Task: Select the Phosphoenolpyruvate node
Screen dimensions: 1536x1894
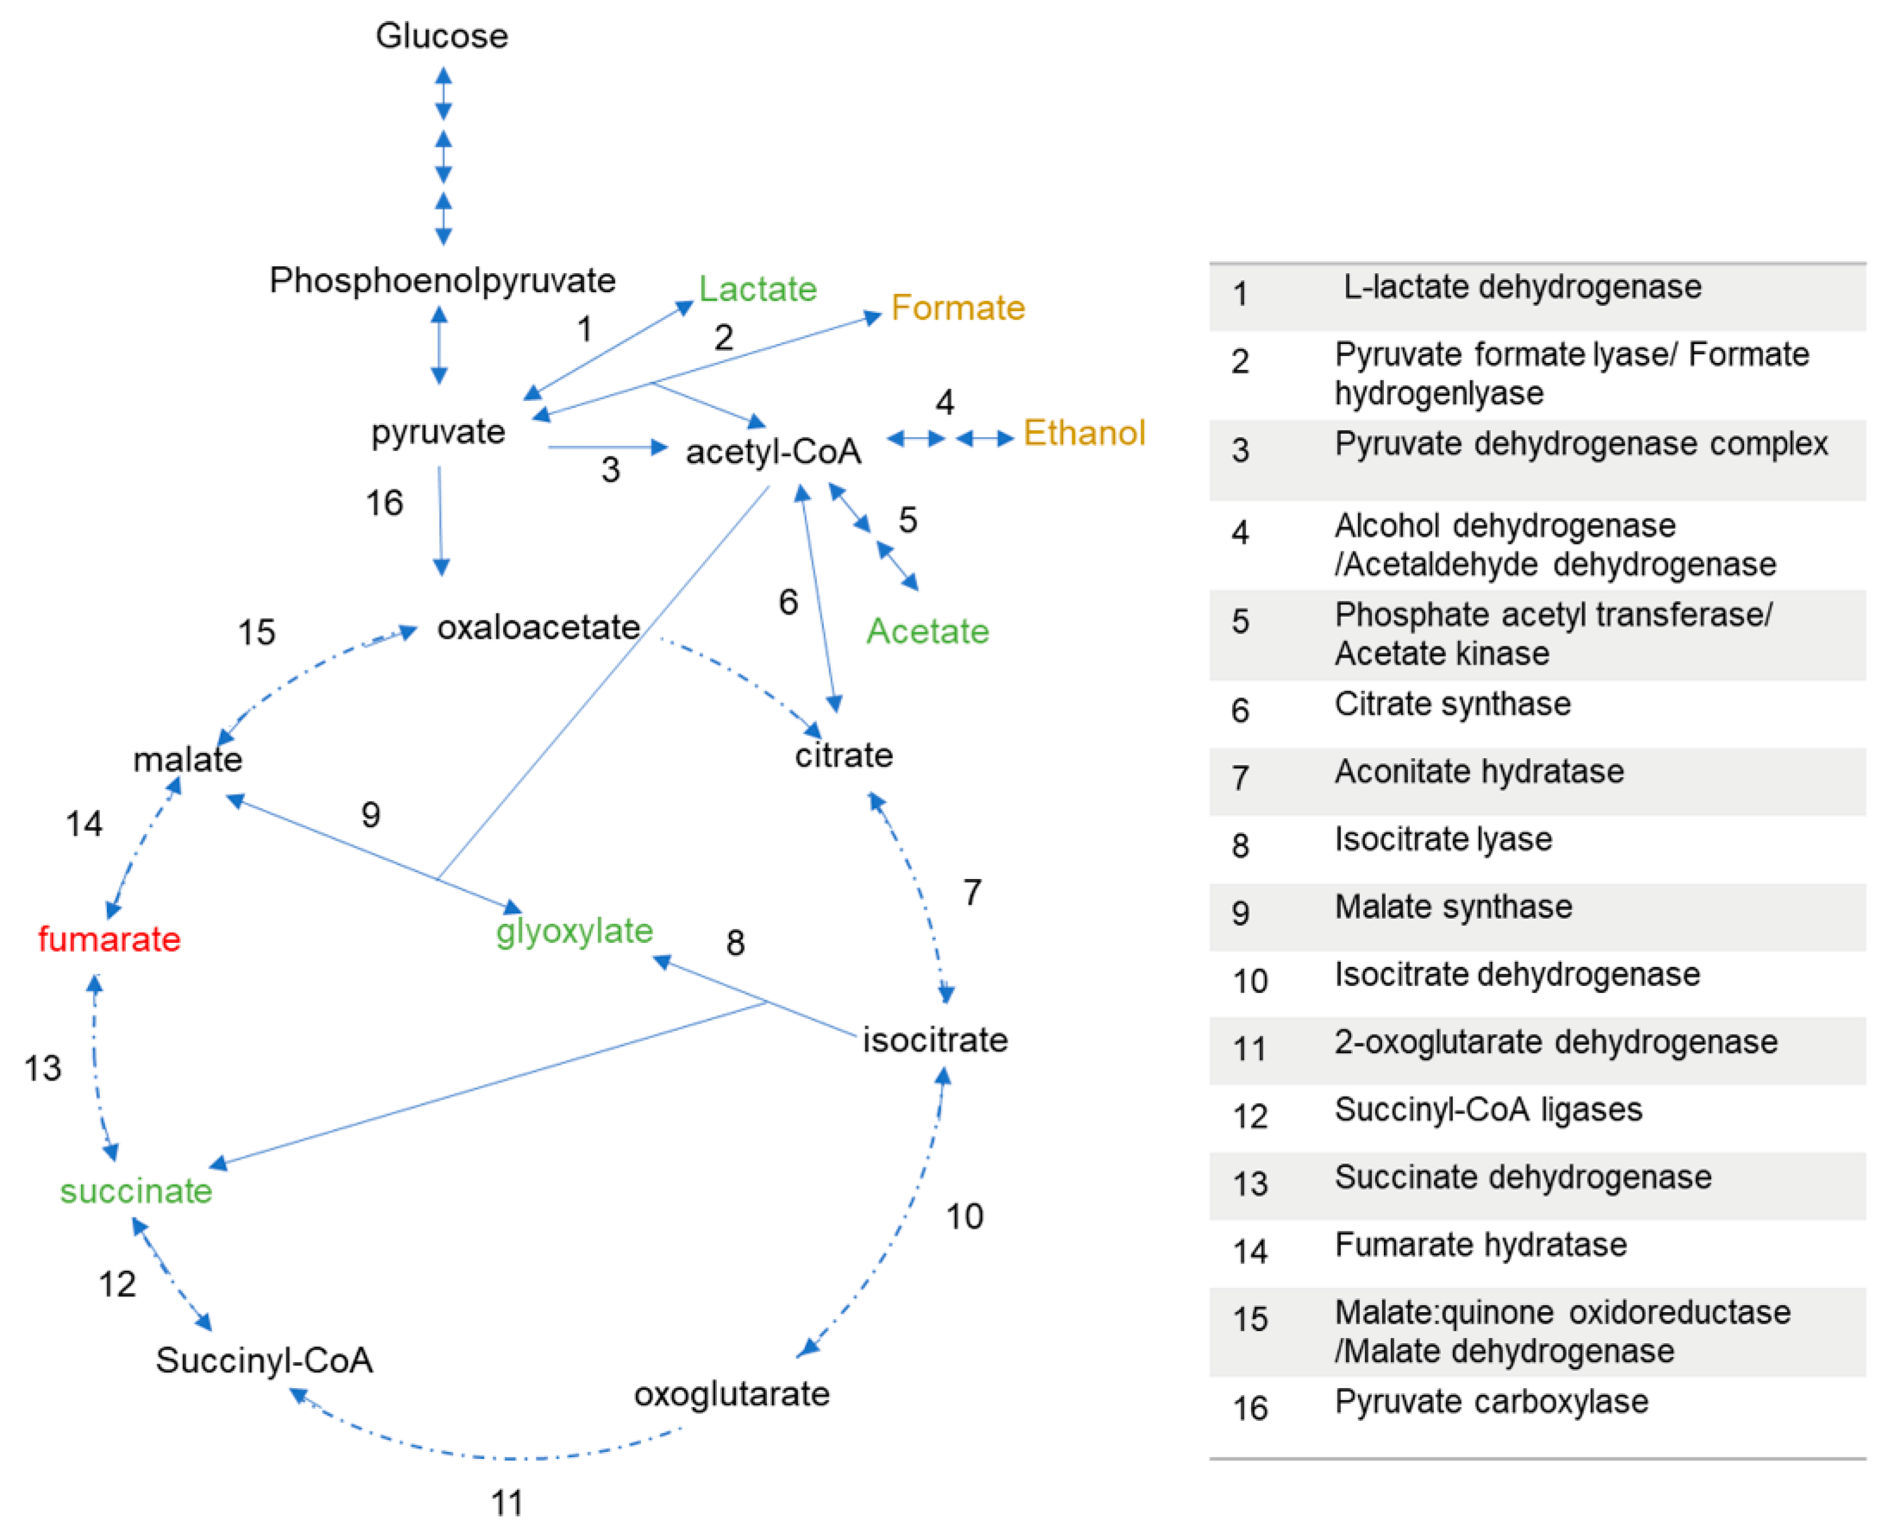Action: coord(443,281)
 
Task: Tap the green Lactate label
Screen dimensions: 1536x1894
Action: coord(757,290)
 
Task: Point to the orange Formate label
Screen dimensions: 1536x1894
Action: coord(957,308)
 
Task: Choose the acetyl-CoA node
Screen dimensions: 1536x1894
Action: coord(773,452)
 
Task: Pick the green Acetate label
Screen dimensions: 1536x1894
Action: coord(927,632)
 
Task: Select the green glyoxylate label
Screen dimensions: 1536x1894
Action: coord(574,931)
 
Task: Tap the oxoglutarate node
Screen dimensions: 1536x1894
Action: coord(731,1394)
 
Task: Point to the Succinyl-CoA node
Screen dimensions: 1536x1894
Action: coord(264,1361)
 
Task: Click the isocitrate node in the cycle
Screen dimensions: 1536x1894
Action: coord(935,1040)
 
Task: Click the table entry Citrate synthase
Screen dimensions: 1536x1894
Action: coord(1453,704)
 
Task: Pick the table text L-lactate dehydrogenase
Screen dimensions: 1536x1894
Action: coord(1522,288)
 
